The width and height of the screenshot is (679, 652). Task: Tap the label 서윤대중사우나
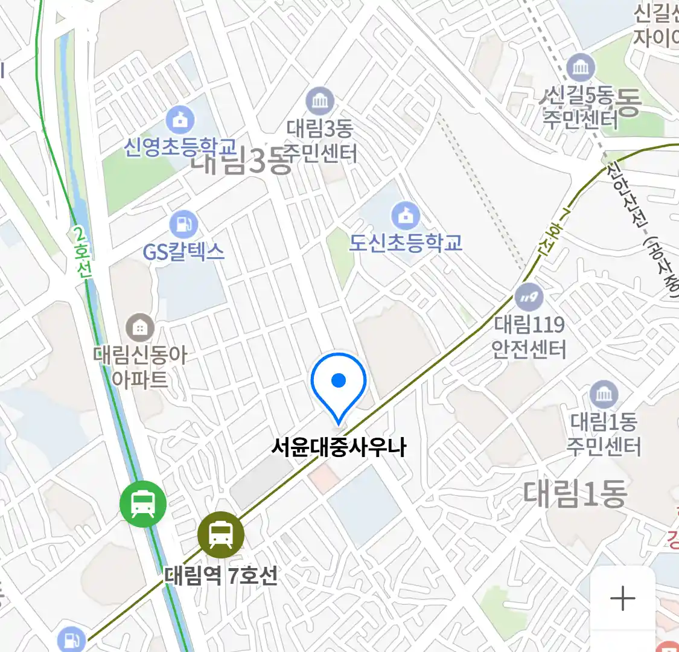(339, 448)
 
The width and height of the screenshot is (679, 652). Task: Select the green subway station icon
(143, 503)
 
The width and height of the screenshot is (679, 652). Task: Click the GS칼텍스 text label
(183, 251)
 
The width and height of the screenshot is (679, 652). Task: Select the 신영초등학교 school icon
(180, 120)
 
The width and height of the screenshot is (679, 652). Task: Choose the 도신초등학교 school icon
(406, 215)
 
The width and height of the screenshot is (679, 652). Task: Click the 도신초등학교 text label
(406, 243)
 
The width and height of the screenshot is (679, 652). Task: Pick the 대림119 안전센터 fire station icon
(529, 297)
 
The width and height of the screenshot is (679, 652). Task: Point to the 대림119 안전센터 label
(529, 337)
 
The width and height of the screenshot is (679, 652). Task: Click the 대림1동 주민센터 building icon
(604, 395)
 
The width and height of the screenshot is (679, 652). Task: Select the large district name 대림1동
(575, 493)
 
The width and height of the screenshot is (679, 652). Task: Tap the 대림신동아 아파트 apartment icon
(140, 328)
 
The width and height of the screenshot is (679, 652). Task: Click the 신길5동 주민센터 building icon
(581, 67)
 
